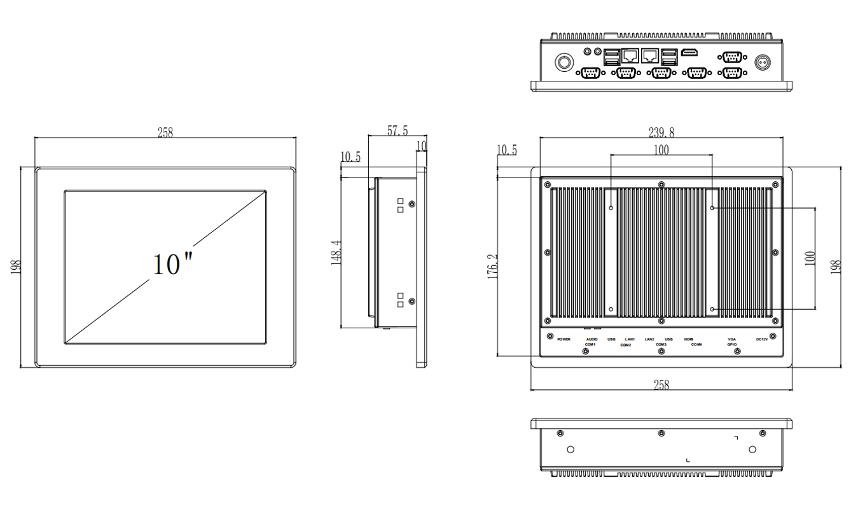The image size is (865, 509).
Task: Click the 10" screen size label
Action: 172,263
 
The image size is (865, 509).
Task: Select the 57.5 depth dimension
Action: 398,130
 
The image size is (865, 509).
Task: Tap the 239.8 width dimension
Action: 661,132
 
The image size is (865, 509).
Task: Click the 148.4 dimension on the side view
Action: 337,253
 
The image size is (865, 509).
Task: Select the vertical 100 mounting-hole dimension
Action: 810,259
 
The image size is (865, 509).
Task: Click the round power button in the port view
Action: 564,62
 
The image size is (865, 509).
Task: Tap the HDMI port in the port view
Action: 689,53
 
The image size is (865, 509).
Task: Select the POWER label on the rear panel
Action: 564,339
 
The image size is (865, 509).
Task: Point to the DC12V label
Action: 762,339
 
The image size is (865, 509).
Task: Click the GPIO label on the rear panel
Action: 732,345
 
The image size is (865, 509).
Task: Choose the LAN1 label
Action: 630,339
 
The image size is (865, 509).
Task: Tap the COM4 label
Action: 696,345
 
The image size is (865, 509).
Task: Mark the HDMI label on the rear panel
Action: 688,339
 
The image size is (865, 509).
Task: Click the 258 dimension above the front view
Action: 165,132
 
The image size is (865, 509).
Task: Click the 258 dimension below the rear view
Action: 661,384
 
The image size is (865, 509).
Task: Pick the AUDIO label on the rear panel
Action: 592,339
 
